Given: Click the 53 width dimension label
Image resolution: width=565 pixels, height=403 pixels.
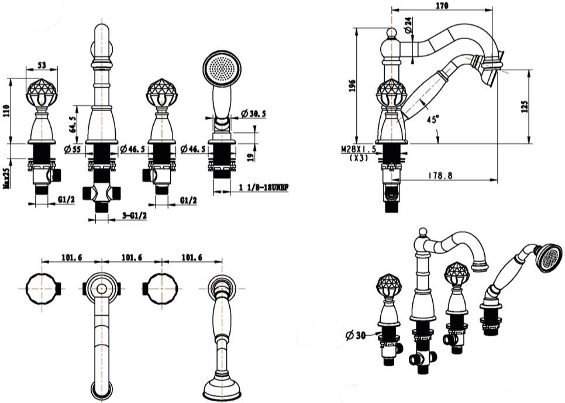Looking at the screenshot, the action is (x=42, y=65).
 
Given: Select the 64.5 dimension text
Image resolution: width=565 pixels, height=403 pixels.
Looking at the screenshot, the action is (x=73, y=125).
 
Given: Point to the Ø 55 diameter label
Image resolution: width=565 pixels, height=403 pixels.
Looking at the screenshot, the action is (x=73, y=149).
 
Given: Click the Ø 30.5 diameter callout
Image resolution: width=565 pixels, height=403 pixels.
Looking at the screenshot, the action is (x=253, y=114).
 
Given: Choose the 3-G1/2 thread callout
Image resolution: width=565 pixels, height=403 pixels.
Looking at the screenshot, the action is (x=135, y=216).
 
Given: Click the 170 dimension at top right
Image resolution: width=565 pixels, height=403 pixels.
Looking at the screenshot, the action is (x=442, y=5).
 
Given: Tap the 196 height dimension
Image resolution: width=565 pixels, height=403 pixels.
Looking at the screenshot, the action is (x=352, y=86).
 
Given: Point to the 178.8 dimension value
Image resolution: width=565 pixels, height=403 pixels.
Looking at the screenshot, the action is (x=440, y=175).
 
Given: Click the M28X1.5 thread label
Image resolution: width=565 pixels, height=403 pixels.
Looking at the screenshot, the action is (x=359, y=149).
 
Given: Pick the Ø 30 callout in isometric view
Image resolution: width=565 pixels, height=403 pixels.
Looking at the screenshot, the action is (x=355, y=336).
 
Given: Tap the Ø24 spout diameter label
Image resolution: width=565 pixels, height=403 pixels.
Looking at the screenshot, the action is (x=408, y=25).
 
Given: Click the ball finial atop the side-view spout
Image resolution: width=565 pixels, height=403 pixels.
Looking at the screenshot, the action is (x=392, y=33).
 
